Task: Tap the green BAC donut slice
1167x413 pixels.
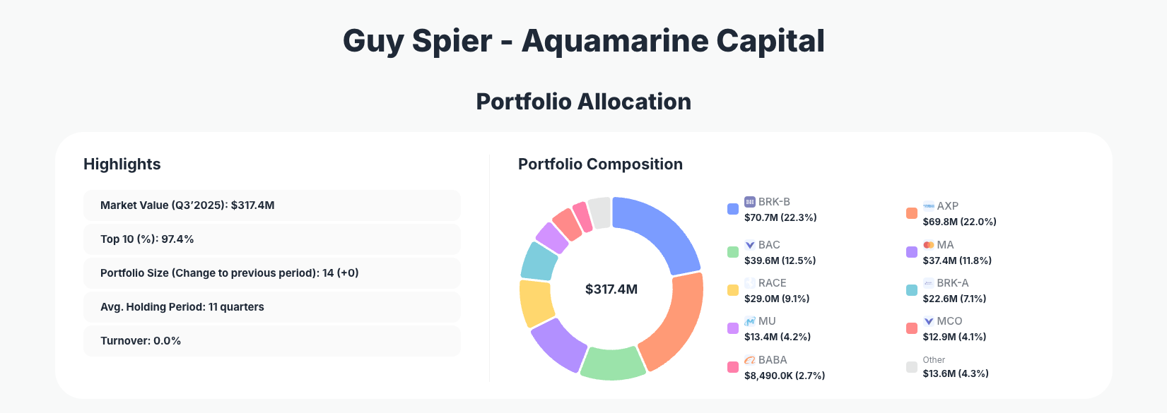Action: coord(612,363)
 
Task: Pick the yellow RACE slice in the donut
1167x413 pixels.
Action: coord(536,304)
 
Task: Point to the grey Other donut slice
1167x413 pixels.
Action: coord(600,213)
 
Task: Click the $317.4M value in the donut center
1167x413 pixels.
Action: coord(611,289)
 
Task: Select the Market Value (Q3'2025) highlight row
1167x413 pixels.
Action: coord(271,205)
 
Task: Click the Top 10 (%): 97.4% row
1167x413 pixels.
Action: coord(271,239)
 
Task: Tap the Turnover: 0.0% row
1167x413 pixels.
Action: coord(271,341)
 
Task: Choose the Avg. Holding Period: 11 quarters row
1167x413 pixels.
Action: coord(271,307)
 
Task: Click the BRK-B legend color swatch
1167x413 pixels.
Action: coord(733,209)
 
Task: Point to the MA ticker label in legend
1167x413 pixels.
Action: coord(945,245)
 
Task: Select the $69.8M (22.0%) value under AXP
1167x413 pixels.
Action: coord(959,222)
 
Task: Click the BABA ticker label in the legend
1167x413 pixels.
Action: coord(773,360)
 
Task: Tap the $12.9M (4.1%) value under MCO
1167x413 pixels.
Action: coord(954,337)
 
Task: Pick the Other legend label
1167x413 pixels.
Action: coord(934,360)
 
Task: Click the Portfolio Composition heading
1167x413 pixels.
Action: coord(600,164)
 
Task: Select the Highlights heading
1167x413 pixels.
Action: coord(122,164)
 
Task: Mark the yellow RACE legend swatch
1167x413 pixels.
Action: coord(733,290)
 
